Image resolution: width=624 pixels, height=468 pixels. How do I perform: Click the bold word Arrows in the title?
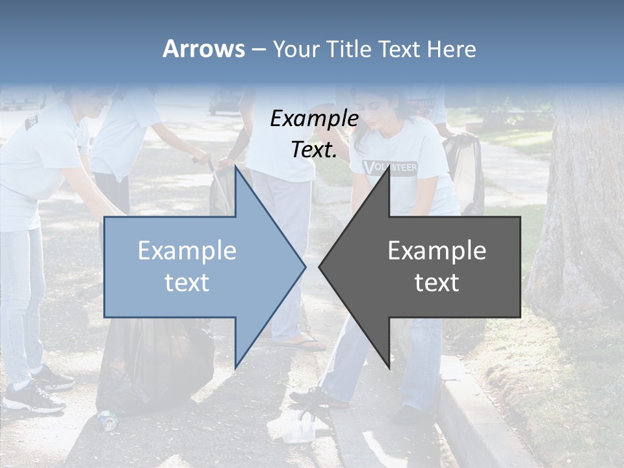pyautogui.click(x=204, y=49)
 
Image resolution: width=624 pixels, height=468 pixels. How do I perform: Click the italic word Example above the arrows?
pyautogui.click(x=314, y=119)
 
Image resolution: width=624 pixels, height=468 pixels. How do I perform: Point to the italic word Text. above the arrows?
pyautogui.click(x=314, y=149)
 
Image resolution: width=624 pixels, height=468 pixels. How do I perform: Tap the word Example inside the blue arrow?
pyautogui.click(x=187, y=251)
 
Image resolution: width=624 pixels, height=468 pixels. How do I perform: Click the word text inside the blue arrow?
pyautogui.click(x=187, y=283)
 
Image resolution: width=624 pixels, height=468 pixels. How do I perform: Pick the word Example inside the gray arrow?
pyautogui.click(x=437, y=251)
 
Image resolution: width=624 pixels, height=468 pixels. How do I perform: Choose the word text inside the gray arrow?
pyautogui.click(x=437, y=283)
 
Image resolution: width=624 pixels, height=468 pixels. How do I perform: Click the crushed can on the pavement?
pyautogui.click(x=108, y=420)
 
